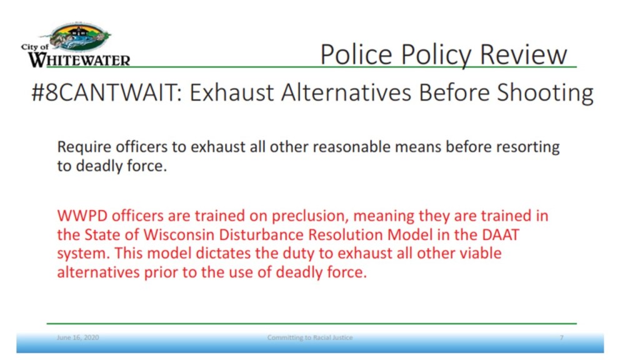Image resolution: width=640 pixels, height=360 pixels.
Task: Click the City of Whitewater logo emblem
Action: pos(80,37)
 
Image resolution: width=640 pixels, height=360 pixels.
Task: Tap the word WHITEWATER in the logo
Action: pos(79,61)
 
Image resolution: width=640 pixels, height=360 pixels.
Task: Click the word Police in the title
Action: pos(356,55)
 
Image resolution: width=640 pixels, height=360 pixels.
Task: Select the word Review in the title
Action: pos(523,55)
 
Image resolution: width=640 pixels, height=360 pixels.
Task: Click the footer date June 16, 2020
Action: pos(77,337)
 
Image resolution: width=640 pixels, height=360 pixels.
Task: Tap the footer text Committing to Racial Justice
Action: pos(310,337)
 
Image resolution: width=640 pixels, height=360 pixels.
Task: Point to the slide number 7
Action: pos(562,337)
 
